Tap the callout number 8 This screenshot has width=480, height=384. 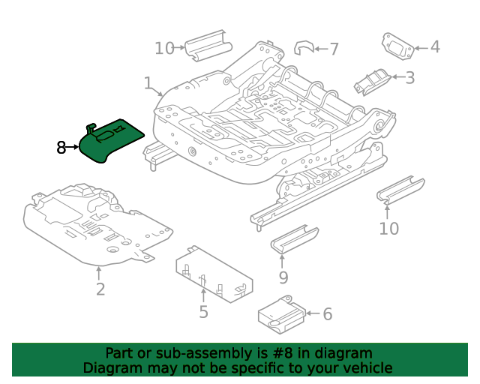point(61,148)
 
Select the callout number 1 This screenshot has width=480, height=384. point(148,83)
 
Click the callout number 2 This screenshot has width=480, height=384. point(100,289)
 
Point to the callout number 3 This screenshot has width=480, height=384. point(410,78)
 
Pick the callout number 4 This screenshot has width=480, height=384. point(435,47)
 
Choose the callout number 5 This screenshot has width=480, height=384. point(203,312)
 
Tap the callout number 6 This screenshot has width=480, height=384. point(328,314)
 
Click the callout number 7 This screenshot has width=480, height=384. point(334,49)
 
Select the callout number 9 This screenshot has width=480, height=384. point(283,277)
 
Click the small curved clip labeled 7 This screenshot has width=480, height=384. point(304,48)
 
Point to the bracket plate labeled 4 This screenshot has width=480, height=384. point(397,46)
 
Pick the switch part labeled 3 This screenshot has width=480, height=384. point(372,82)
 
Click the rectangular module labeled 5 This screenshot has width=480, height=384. point(214,274)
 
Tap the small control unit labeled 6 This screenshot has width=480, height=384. point(282,315)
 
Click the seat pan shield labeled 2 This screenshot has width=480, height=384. point(98,225)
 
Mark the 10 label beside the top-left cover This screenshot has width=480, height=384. point(164,49)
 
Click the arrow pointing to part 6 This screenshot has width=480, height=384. point(313,313)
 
